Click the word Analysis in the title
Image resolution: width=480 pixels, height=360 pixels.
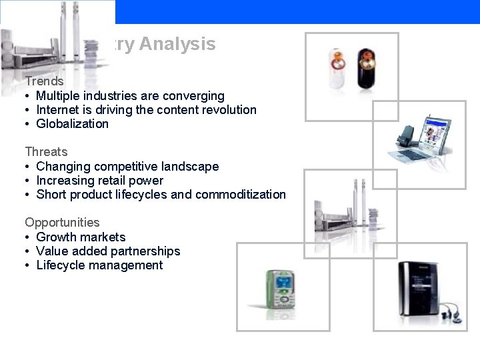[x=178, y=45]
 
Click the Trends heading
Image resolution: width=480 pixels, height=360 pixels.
[x=44, y=81]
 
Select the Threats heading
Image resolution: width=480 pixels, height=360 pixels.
[x=46, y=152]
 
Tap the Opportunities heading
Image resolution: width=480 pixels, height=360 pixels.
[x=62, y=223]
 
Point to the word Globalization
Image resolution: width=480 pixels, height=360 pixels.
[x=72, y=124]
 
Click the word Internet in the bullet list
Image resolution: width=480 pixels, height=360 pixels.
[x=57, y=110]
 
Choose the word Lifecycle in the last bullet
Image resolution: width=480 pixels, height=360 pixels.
[x=61, y=265]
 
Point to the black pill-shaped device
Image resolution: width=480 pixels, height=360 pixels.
[x=367, y=69]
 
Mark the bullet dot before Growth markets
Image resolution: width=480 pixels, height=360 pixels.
[x=28, y=237]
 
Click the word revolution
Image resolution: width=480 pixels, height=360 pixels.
[x=230, y=110]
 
